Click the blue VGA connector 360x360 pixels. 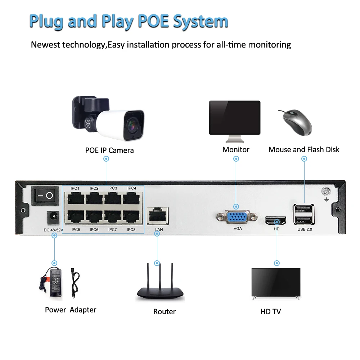click(x=237, y=217)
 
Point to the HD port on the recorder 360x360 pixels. click(x=276, y=220)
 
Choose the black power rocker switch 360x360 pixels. click(x=45, y=196)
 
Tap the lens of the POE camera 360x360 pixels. click(x=133, y=125)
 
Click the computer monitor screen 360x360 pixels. click(x=235, y=117)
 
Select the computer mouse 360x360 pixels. click(x=296, y=122)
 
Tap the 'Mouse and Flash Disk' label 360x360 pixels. click(x=304, y=149)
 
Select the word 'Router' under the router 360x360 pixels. click(x=165, y=312)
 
